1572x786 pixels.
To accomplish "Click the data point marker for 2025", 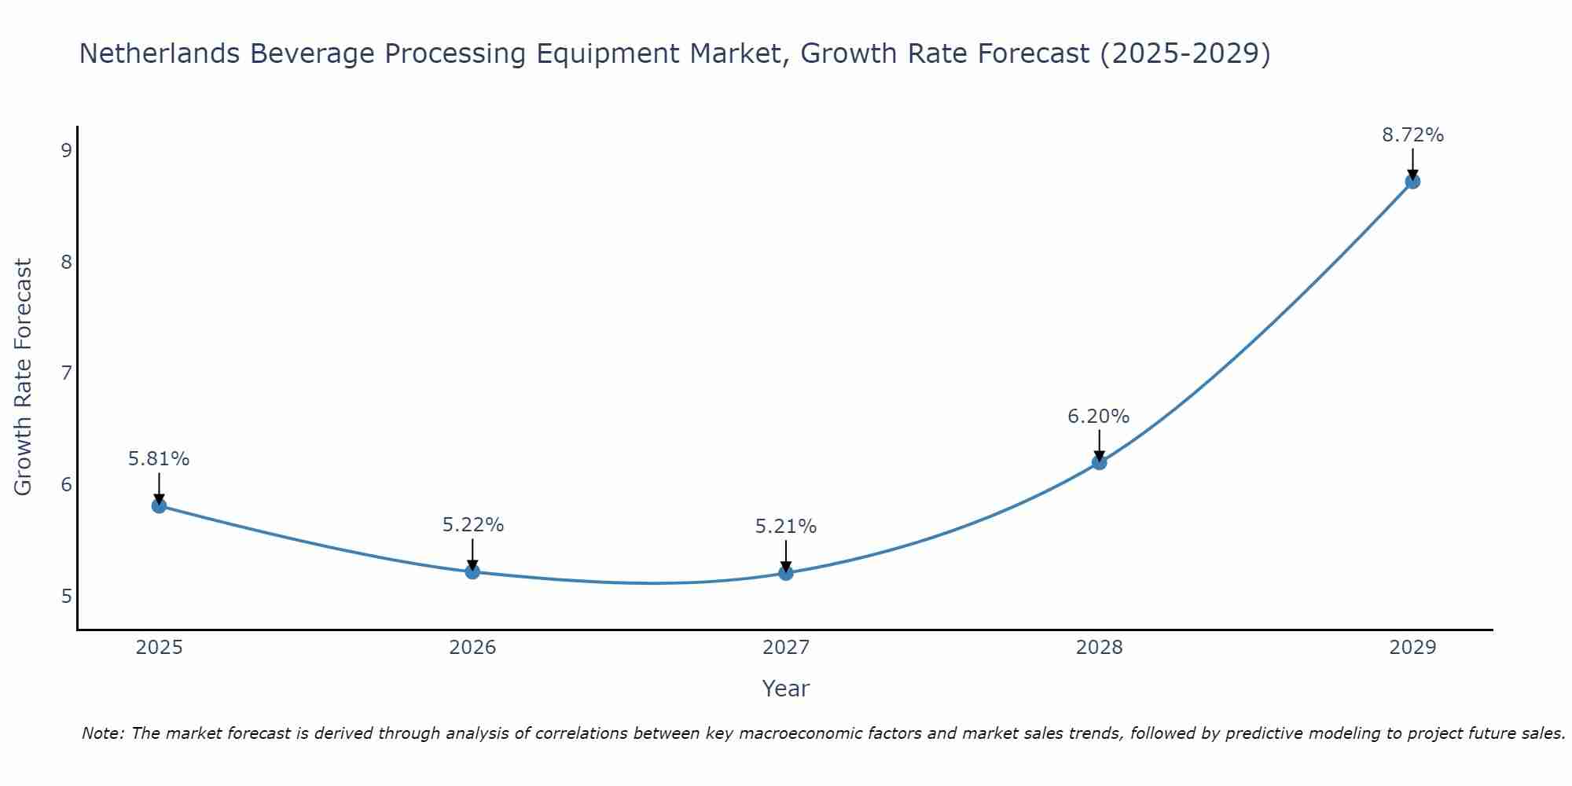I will pyautogui.click(x=159, y=505).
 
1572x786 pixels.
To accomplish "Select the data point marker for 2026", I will pyautogui.click(x=472, y=571).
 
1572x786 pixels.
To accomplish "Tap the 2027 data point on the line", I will pyautogui.click(x=786, y=573).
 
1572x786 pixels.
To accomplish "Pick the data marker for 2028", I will pyautogui.click(x=1099, y=462).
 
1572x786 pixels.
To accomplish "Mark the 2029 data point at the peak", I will pyautogui.click(x=1412, y=182).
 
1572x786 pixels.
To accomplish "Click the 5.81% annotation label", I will pyautogui.click(x=159, y=459).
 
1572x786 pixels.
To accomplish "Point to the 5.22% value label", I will pyautogui.click(x=472, y=525).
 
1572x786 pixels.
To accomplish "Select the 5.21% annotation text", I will pyautogui.click(x=786, y=527).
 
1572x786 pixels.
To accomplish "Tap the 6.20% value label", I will pyautogui.click(x=1099, y=417).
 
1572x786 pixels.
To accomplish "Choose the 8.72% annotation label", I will pyautogui.click(x=1412, y=135).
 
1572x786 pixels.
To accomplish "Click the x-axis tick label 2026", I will pyautogui.click(x=472, y=648).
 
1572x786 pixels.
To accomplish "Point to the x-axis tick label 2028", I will pyautogui.click(x=1099, y=648).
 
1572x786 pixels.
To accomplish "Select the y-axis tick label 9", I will pyautogui.click(x=66, y=150).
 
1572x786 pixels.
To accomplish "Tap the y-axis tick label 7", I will pyautogui.click(x=66, y=373).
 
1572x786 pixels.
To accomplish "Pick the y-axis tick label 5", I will pyautogui.click(x=66, y=596).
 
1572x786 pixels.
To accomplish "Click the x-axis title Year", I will pyautogui.click(x=786, y=689).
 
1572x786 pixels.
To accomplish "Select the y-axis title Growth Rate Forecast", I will pyautogui.click(x=24, y=377).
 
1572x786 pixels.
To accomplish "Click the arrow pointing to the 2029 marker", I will pyautogui.click(x=1412, y=163).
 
